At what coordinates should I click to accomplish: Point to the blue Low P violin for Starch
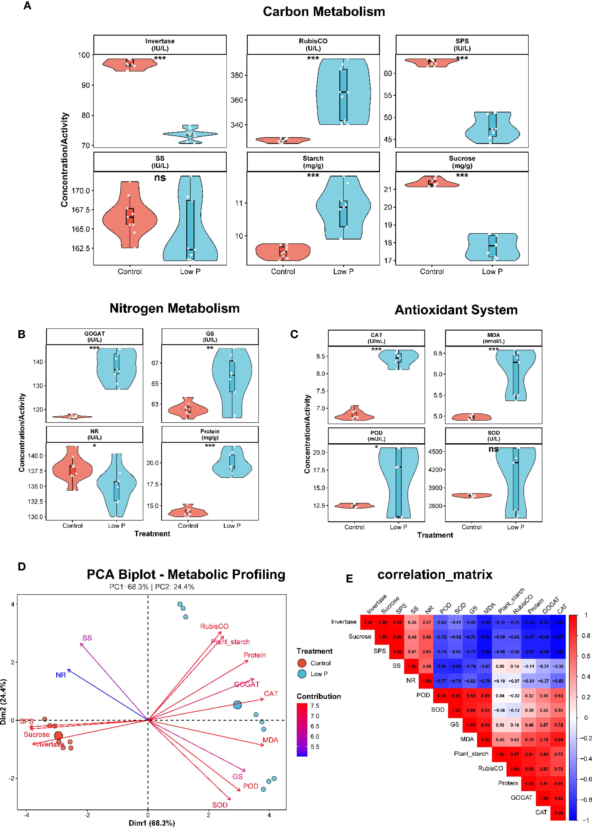click(x=343, y=208)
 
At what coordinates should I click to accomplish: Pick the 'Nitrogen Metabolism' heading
click(x=175, y=308)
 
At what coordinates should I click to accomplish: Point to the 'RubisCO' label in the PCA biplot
click(x=214, y=627)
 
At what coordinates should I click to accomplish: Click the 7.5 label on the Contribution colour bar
click(x=315, y=706)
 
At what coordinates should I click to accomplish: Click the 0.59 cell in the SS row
click(x=427, y=666)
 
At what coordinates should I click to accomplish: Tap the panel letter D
click(x=22, y=567)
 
